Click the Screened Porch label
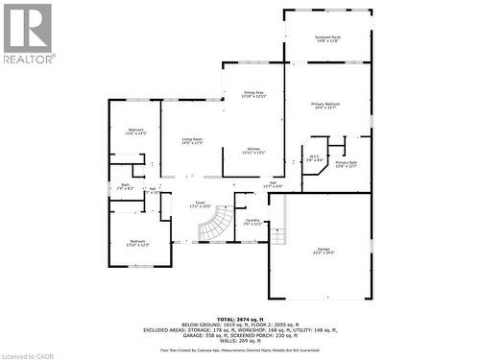coord(328,39)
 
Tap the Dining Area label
coord(252,95)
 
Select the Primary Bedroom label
coord(325,105)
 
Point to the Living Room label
coord(192,141)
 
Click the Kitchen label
coord(253,151)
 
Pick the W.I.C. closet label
coord(314,157)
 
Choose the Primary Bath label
coord(346,165)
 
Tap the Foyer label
coord(202,204)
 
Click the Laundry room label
coord(252,222)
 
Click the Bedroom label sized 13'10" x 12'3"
coord(137,243)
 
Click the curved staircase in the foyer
coord(215,227)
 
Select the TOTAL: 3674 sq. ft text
coord(240,318)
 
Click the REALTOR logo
coord(28,34)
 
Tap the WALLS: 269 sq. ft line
coord(240,340)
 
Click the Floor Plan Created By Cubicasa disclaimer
coord(240,350)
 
